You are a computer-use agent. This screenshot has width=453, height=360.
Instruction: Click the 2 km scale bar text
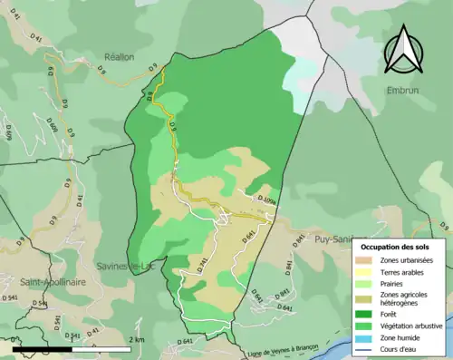(137, 338)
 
